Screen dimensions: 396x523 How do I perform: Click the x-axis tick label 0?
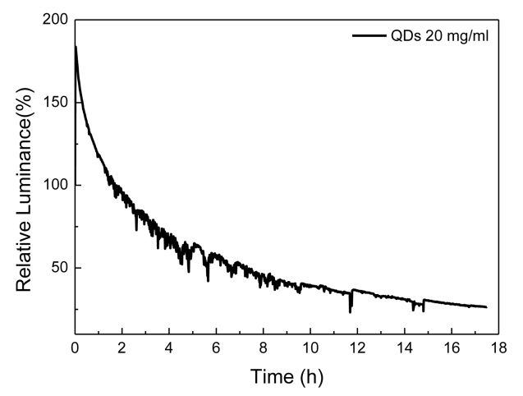click(x=75, y=347)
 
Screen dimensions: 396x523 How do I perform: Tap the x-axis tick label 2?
click(x=122, y=347)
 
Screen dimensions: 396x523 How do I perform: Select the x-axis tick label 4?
click(x=169, y=347)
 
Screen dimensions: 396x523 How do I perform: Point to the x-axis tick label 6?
click(x=216, y=347)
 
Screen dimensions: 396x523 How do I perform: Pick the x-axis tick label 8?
click(x=263, y=347)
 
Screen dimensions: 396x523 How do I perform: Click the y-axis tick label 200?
click(x=55, y=21)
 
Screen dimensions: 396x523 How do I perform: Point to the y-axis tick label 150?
click(x=55, y=103)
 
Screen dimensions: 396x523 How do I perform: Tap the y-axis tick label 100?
click(x=55, y=185)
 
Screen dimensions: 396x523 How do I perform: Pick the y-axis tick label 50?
click(x=59, y=268)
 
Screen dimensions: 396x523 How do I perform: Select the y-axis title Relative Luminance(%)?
click(x=25, y=177)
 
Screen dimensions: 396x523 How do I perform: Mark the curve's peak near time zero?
click(x=76, y=47)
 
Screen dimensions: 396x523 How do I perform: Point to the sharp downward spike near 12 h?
click(x=351, y=311)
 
